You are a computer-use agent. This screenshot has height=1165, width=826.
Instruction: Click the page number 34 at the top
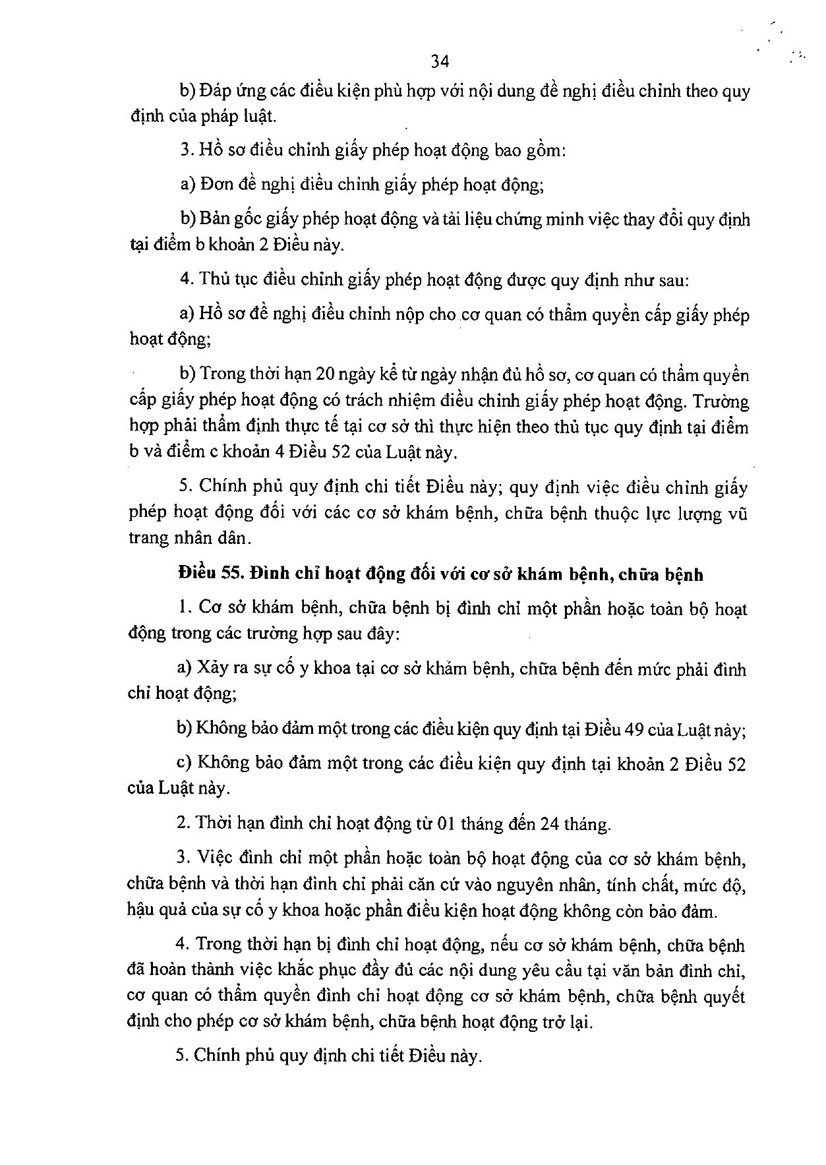pos(440,61)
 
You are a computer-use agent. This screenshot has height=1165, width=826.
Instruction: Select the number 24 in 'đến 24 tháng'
pos(550,823)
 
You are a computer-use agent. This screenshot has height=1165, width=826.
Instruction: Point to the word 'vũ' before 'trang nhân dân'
pos(738,514)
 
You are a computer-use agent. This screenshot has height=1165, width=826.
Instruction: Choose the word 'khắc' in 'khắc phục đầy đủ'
pos(298,971)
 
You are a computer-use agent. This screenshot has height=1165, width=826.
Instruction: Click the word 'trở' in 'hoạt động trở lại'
pos(552,1023)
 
